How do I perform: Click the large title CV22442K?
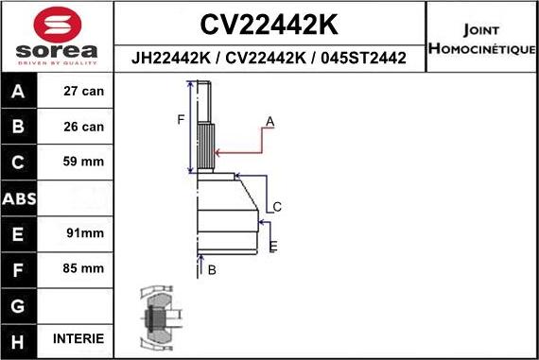coord(270,24)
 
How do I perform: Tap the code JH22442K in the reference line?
coord(171,59)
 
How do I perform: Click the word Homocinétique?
coord(482,48)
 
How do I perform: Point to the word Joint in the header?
coord(482,28)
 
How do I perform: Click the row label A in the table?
coord(20,93)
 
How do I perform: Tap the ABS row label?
coord(20,198)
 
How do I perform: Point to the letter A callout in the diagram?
coord(269,122)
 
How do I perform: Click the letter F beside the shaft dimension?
coord(181,119)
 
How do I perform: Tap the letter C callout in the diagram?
coord(277,207)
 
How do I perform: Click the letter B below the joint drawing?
coord(212,270)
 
